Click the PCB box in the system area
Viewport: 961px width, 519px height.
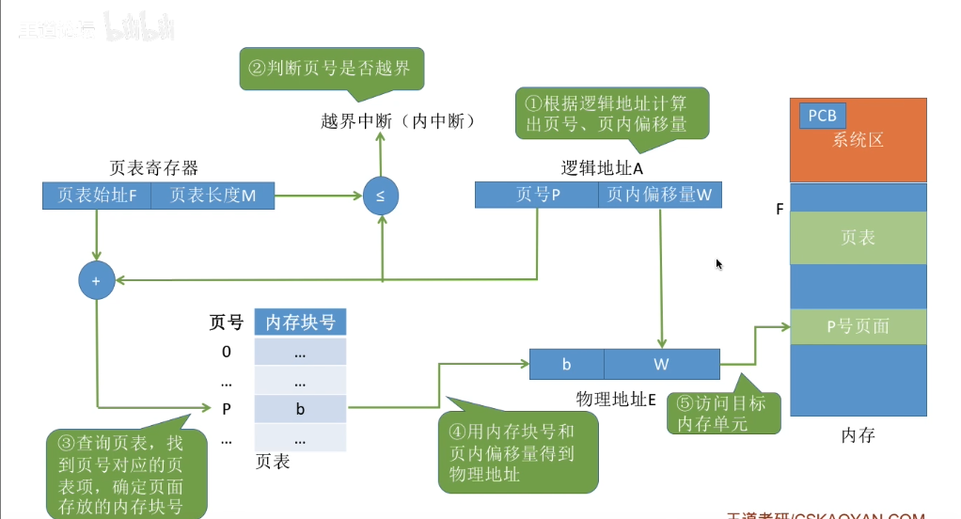tap(822, 116)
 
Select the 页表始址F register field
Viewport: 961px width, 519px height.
tap(96, 196)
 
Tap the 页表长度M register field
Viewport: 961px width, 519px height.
tap(211, 196)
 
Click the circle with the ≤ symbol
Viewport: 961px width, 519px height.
tap(380, 197)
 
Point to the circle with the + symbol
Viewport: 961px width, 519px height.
tap(97, 279)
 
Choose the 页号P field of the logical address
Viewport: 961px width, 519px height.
tap(536, 195)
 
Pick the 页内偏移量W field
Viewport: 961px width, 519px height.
tap(659, 195)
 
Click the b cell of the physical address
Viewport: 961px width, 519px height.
tap(566, 363)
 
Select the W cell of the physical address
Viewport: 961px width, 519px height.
tap(661, 363)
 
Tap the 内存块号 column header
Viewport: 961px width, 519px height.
tap(300, 322)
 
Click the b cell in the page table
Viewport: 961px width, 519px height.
tap(300, 409)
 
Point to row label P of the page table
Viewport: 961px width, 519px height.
tap(226, 409)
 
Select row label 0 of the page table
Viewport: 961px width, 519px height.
tap(226, 352)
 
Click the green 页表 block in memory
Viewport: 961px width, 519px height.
tap(858, 238)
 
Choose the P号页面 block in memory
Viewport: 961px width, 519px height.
tap(858, 326)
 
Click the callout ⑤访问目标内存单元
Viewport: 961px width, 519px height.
tap(722, 413)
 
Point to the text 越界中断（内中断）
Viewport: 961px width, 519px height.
tap(396, 121)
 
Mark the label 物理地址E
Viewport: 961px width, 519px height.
tap(615, 399)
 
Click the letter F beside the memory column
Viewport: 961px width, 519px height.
tap(780, 208)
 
